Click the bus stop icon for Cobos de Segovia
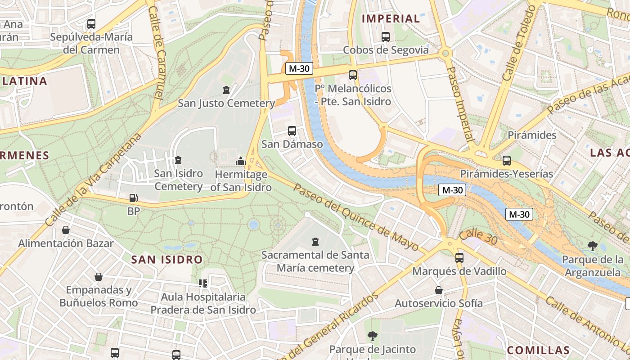385,37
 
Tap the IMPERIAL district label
391,19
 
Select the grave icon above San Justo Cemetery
226,90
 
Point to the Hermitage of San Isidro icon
240,161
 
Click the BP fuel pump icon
133,198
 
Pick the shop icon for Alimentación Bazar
66,230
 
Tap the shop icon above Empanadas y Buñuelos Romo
98,277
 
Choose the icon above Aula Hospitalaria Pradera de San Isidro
203,283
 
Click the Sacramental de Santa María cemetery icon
315,242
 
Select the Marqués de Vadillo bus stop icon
459,258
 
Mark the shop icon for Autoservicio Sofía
438,290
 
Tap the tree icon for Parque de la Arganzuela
593,246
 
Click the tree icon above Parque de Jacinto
372,336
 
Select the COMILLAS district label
538,350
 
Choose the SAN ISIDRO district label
167,260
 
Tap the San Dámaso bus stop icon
292,131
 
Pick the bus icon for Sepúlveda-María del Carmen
91,24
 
